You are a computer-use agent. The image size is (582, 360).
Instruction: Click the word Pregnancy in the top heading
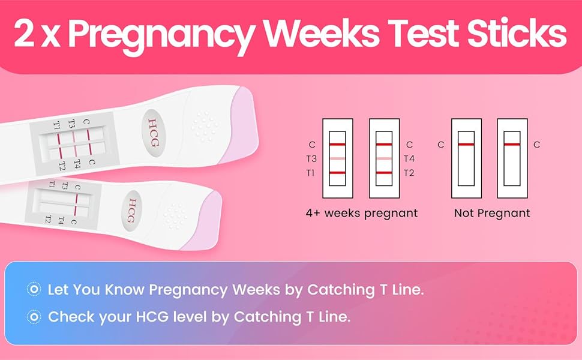coord(160,35)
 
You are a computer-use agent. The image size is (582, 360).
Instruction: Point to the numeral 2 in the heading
coord(24,35)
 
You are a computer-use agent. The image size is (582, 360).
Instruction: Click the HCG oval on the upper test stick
coord(155,126)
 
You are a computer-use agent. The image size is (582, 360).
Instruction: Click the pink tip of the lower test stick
coord(202,222)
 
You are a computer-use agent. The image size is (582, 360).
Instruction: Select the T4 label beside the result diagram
coord(409,158)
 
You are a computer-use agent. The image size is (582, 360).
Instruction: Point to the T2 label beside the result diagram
coord(409,173)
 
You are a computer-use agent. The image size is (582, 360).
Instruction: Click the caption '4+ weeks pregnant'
coord(361,213)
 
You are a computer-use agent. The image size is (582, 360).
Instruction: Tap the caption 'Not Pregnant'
coord(492,213)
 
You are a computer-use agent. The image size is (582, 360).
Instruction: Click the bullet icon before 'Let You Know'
coord(34,290)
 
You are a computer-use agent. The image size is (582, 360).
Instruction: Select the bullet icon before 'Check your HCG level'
coord(34,317)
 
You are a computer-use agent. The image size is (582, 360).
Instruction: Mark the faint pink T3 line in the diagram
coord(337,158)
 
